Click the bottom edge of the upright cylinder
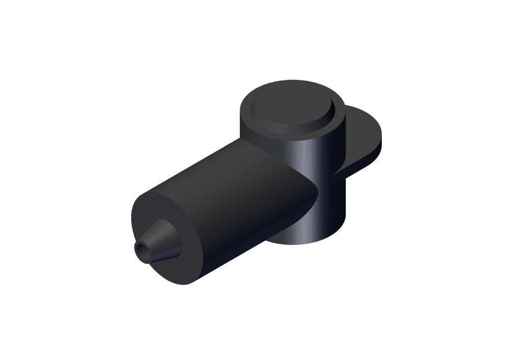[x=305, y=243]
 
